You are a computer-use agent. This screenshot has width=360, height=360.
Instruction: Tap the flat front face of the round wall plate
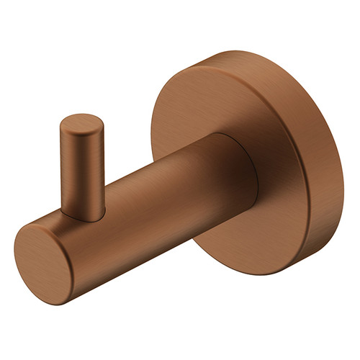pos(216,108)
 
